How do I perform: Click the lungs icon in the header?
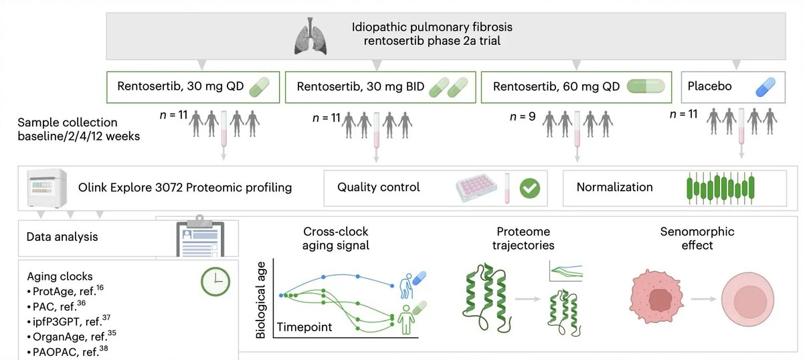click(x=310, y=36)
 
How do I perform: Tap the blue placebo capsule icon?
click(x=766, y=87)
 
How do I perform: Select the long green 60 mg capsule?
click(x=646, y=86)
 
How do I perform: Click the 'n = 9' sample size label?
click(x=523, y=116)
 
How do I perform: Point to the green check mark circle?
click(x=529, y=188)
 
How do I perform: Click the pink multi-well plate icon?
click(x=476, y=187)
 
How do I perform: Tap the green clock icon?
click(x=215, y=282)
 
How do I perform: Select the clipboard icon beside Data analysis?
click(x=200, y=236)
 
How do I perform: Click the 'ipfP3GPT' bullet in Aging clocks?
click(x=69, y=321)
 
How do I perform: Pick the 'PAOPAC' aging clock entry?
click(x=68, y=351)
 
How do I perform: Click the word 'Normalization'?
click(x=614, y=187)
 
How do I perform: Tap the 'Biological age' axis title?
click(x=260, y=300)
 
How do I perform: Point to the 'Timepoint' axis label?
click(x=304, y=327)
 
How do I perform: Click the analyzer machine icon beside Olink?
click(x=47, y=188)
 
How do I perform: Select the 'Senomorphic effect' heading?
click(x=697, y=238)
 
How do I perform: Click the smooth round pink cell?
click(x=747, y=299)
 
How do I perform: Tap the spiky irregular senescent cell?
click(x=656, y=296)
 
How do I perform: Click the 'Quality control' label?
click(x=378, y=187)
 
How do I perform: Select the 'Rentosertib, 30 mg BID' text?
click(x=360, y=87)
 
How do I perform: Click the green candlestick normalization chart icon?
click(x=720, y=188)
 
